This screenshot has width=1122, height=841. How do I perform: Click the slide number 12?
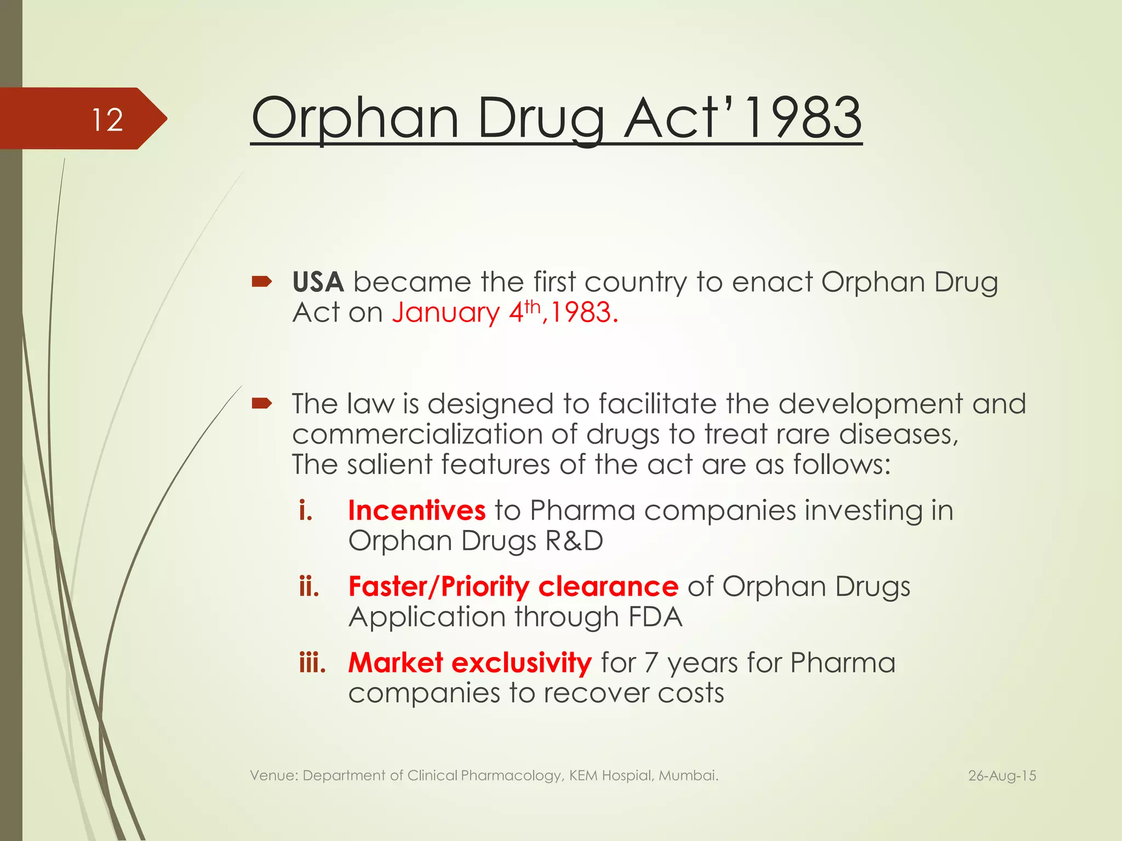pos(107,120)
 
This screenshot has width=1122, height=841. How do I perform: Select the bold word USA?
pos(318,283)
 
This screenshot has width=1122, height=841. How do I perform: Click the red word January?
pos(445,313)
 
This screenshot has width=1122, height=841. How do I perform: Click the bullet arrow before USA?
pos(262,282)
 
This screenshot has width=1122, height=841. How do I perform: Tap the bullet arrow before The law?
pos(262,404)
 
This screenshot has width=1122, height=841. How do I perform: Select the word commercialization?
pos(417,434)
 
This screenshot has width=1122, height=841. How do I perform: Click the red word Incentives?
pos(416,510)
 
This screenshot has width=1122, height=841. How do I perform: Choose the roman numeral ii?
pos(309,587)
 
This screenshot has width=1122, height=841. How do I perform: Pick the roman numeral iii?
pos(312,663)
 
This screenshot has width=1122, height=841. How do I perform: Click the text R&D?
pos(574,541)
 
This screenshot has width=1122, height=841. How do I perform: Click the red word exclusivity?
pos(522,663)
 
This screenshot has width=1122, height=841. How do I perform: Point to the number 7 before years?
pos(650,663)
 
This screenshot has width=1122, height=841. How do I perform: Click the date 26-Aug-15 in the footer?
pos(1002,776)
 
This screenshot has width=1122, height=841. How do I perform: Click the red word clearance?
pos(608,587)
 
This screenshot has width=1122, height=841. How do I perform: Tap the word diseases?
pos(898,434)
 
